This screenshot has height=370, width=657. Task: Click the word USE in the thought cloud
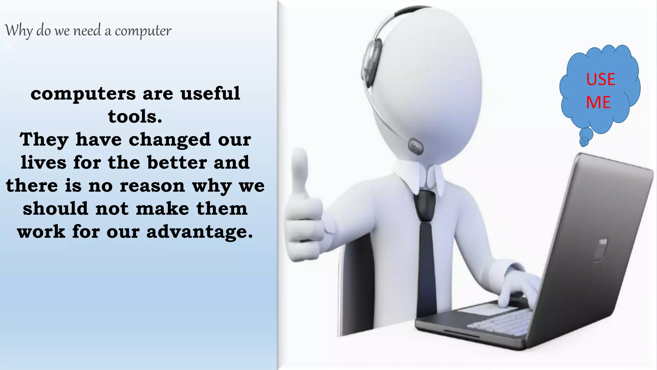click(x=601, y=79)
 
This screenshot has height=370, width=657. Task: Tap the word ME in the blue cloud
click(x=598, y=102)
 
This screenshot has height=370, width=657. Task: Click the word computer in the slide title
click(x=143, y=31)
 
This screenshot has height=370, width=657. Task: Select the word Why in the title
click(x=19, y=31)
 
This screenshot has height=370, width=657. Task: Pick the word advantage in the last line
click(x=200, y=232)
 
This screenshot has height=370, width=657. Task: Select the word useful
click(x=210, y=93)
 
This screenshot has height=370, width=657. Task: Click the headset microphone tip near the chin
click(x=415, y=147)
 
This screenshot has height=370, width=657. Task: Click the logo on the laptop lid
click(x=601, y=250)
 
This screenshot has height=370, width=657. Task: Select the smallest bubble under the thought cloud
click(x=583, y=144)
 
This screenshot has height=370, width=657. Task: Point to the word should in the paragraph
click(x=55, y=209)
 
